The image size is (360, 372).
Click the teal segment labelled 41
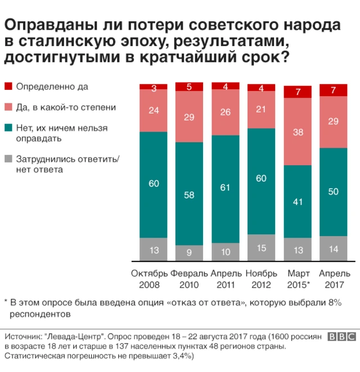click(x=298, y=201)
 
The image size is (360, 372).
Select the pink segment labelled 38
click(x=298, y=131)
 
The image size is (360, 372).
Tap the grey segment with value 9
click(x=190, y=253)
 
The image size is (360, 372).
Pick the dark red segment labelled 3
click(x=154, y=87)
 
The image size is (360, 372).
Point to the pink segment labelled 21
click(x=262, y=110)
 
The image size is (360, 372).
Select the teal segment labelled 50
click(x=334, y=192)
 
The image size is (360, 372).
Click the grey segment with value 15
click(x=262, y=248)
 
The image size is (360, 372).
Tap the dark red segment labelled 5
click(x=190, y=87)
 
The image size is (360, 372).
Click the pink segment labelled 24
click(x=154, y=111)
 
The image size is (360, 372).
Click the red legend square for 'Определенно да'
click(x=8, y=87)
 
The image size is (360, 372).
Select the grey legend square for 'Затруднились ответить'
click(x=8, y=159)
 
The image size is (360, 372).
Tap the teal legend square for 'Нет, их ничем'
click(x=8, y=128)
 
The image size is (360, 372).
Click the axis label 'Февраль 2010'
click(x=190, y=279)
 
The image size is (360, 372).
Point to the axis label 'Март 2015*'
click(x=298, y=279)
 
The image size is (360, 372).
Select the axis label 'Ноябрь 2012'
click(x=262, y=279)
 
